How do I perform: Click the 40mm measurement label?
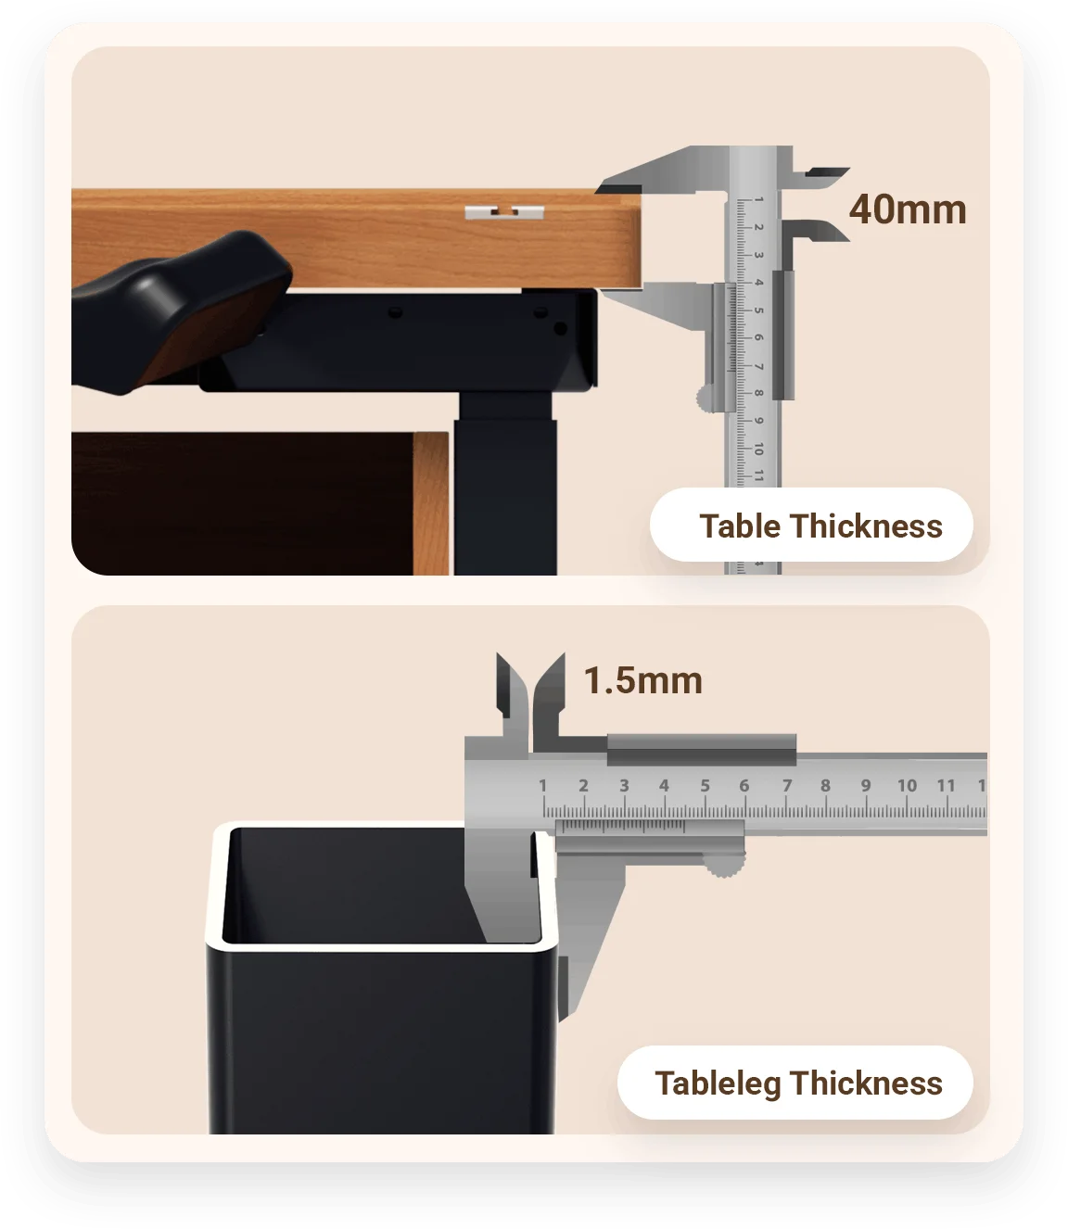click(x=907, y=209)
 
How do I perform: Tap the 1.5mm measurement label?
click(x=642, y=680)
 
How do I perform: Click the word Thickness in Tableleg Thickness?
click(x=866, y=1083)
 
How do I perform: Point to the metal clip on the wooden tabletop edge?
click(x=504, y=212)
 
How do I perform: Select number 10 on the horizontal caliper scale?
click(x=907, y=785)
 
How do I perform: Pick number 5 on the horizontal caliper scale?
click(x=706, y=785)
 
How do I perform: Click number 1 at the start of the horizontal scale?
click(x=542, y=785)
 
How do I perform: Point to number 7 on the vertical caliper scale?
click(x=758, y=366)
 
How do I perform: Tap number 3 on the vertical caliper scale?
click(x=758, y=255)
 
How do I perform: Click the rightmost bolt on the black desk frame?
click(x=560, y=328)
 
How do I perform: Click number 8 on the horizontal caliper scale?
click(x=825, y=785)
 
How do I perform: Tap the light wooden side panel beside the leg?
click(x=431, y=503)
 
